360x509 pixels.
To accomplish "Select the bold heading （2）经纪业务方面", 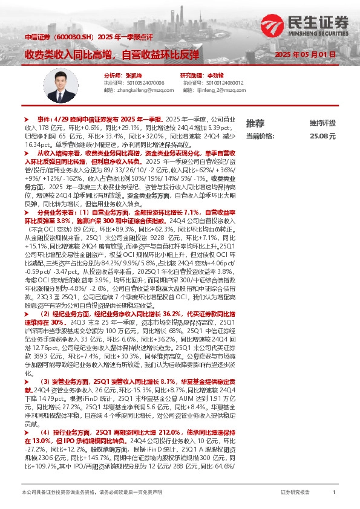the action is tap(68, 314).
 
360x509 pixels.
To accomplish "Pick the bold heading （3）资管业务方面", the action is tap(68, 382).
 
